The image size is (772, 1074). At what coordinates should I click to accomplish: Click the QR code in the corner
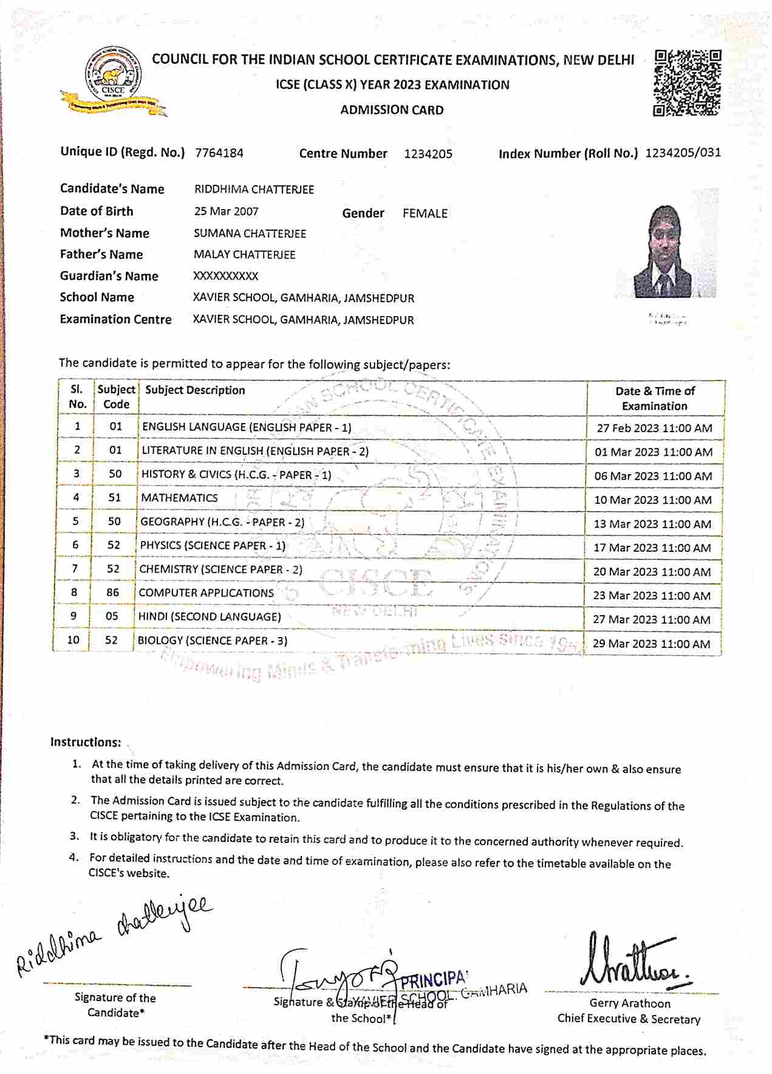click(x=688, y=83)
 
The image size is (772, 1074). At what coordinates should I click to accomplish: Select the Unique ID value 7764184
click(x=219, y=153)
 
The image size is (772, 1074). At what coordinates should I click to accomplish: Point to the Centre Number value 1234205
click(x=428, y=154)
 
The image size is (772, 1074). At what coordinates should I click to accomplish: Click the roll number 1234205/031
click(x=683, y=153)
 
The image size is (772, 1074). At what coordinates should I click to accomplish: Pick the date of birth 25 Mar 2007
click(x=226, y=212)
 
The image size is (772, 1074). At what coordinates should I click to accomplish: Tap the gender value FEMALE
click(x=425, y=213)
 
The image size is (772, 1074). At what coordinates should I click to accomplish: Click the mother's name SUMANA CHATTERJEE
click(x=250, y=233)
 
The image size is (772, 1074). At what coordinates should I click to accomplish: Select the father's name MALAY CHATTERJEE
click(x=244, y=255)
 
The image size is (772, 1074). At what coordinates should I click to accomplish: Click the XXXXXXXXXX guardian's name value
click(x=225, y=276)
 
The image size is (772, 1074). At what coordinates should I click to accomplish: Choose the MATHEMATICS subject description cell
click(x=179, y=498)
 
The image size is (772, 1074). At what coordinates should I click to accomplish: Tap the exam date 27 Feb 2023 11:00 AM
click(x=654, y=428)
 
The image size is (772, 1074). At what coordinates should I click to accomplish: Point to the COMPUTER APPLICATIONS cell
click(x=206, y=593)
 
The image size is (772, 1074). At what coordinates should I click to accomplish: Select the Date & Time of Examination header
click(x=654, y=398)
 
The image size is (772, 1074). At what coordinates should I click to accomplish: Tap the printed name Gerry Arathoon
click(x=629, y=1003)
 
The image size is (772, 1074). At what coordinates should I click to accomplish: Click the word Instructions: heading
click(x=86, y=742)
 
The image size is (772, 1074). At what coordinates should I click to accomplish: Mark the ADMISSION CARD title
click(x=392, y=110)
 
